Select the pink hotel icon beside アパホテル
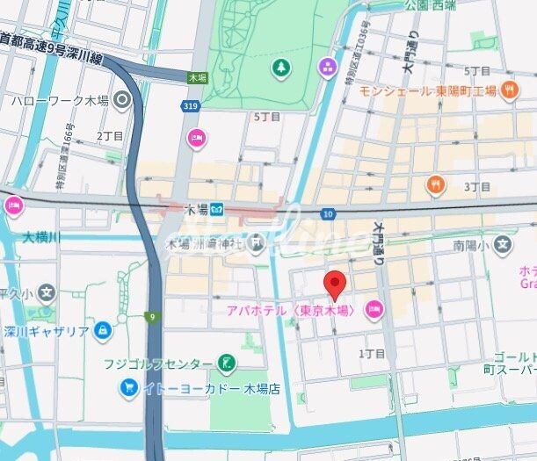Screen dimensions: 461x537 (374, 310)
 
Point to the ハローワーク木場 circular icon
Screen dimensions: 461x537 (121, 100)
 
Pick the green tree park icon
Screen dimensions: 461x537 (280, 67)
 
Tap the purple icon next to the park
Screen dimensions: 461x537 (328, 67)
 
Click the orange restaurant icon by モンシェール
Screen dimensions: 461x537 (509, 90)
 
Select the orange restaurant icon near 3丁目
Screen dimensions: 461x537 (435, 184)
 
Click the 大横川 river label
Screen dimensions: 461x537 (40, 237)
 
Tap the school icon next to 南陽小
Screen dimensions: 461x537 (503, 242)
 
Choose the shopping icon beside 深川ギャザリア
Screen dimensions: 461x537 (104, 330)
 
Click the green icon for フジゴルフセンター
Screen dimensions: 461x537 (227, 363)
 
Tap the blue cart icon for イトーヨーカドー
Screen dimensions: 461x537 (129, 387)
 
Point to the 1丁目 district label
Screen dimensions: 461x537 (373, 353)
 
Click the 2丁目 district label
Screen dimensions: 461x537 (110, 136)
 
